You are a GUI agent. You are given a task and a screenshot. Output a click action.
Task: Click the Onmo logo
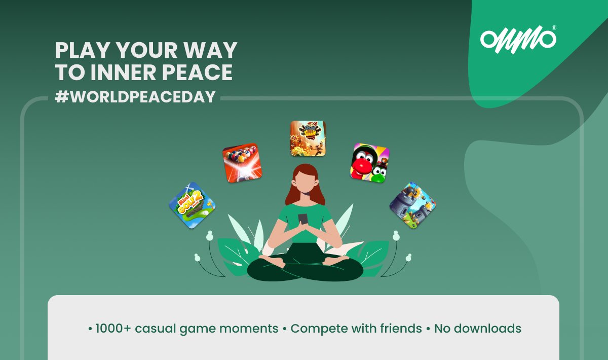pos(517,39)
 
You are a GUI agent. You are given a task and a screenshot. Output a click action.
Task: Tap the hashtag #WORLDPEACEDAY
pos(135,97)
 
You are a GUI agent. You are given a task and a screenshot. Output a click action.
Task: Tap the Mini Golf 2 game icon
pos(192,205)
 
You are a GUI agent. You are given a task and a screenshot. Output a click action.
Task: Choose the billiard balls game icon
pos(243,162)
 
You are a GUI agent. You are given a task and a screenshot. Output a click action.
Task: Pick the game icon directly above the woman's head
pos(308,138)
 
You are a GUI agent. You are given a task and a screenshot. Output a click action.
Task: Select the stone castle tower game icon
pos(412,205)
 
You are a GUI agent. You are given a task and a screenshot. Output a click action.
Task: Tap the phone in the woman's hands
pos(303,219)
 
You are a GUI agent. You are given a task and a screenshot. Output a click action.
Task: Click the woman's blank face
pos(305,181)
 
